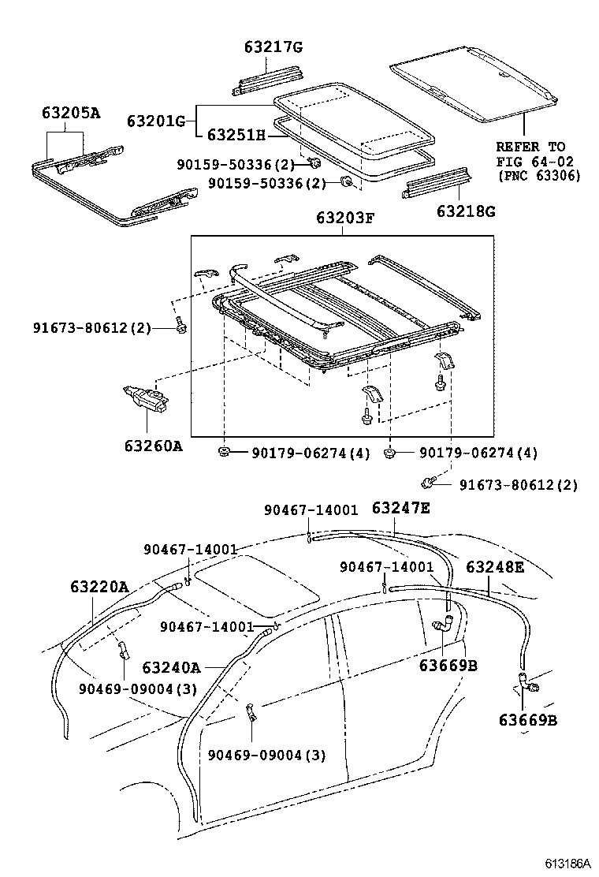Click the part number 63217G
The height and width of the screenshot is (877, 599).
click(272, 48)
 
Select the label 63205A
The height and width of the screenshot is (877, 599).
click(71, 113)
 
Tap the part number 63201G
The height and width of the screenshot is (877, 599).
click(156, 121)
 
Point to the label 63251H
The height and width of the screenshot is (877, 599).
click(236, 135)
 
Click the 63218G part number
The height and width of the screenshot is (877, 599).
click(466, 211)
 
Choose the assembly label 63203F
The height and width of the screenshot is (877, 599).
click(344, 220)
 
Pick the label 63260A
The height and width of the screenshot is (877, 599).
click(153, 446)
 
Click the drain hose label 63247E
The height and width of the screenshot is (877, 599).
click(400, 509)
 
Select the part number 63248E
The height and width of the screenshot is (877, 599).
click(494, 567)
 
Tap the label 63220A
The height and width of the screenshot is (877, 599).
click(99, 587)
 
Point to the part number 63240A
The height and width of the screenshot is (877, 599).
click(171, 668)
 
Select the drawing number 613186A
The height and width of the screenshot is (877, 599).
click(565, 864)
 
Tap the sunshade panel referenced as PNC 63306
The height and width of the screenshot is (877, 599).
click(473, 87)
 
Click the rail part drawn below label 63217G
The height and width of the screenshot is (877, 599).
click(269, 77)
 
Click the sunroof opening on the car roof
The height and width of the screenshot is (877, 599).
click(256, 583)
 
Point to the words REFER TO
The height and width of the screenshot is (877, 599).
click(530, 147)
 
